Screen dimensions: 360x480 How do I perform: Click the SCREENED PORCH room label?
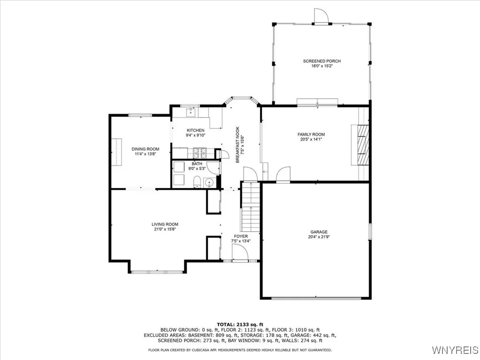pos(322,61)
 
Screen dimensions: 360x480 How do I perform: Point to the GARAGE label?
pos(319,232)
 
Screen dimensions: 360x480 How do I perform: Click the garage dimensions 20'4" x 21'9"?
pos(319,237)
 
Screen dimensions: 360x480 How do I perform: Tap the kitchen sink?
pos(191,112)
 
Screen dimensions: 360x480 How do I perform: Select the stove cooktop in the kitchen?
pos(199,153)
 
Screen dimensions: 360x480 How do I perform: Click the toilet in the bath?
pos(197,182)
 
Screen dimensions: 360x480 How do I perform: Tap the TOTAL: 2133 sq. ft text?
pos(240,324)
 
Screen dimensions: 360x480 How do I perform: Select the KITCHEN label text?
pos(195,130)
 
